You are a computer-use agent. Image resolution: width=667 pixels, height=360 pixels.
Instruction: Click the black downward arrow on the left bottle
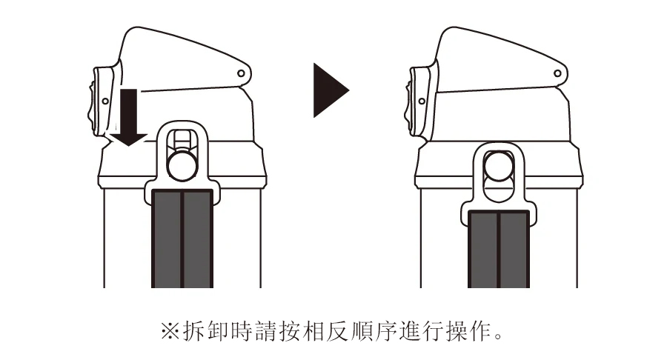tap(129, 117)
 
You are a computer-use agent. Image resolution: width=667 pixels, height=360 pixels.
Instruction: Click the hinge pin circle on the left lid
tap(241, 73)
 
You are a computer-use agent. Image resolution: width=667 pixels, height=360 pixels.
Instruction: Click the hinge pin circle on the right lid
tap(557, 73)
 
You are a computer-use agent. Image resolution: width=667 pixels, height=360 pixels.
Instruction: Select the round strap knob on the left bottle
tap(182, 166)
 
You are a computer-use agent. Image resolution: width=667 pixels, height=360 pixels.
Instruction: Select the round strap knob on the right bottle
tap(499, 166)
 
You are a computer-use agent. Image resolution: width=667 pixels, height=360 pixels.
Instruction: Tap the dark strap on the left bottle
tap(182, 239)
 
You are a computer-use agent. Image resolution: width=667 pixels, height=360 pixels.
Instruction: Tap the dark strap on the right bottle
tap(499, 249)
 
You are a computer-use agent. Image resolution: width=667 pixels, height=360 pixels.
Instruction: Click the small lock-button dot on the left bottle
tap(105, 101)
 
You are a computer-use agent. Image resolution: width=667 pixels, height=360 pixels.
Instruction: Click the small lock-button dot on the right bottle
tap(422, 101)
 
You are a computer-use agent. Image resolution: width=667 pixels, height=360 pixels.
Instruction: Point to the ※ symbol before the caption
tap(170, 331)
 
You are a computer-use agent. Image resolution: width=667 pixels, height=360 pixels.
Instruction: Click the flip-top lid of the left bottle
tap(183, 59)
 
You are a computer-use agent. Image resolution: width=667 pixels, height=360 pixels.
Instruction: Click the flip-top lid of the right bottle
tap(500, 59)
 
